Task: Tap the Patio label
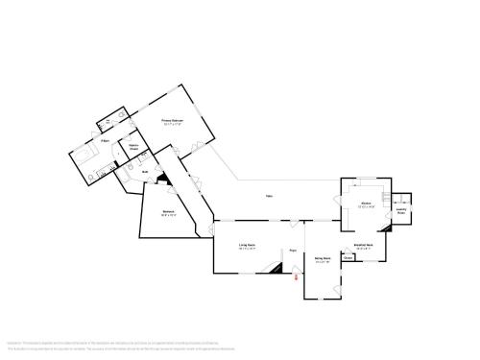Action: [270, 199]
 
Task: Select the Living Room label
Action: [247, 246]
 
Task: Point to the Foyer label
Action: [293, 251]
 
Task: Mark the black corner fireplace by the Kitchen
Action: [386, 228]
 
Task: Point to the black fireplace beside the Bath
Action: [161, 180]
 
